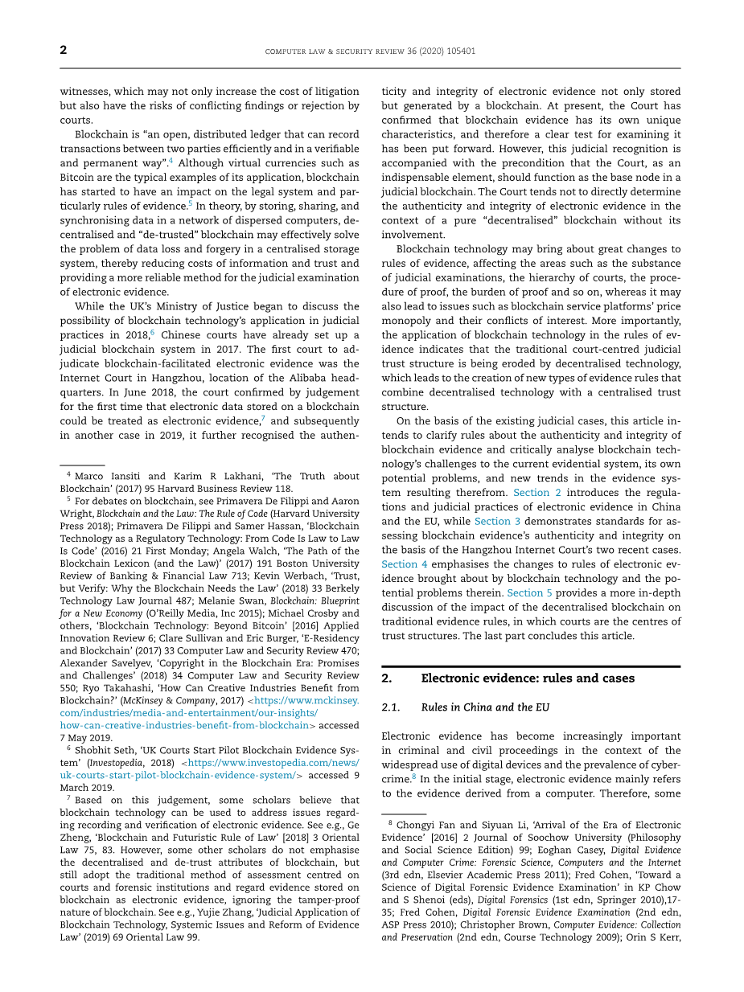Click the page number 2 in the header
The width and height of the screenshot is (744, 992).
64,51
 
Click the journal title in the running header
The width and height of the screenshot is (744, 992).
370,51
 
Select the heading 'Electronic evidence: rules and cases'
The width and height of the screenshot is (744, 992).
528,678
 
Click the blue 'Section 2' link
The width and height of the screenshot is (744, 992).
531,492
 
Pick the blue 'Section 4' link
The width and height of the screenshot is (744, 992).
405,564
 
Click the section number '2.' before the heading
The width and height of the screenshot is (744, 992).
387,678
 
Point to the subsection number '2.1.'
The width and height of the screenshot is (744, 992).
391,707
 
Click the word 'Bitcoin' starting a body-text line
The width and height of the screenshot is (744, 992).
78,178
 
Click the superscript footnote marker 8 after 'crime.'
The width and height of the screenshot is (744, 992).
414,777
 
